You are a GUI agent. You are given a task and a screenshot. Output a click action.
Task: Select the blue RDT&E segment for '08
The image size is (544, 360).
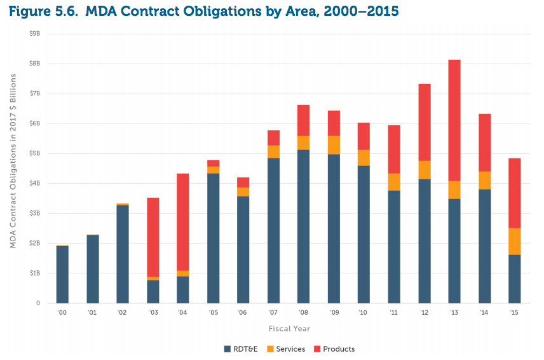tap(303, 226)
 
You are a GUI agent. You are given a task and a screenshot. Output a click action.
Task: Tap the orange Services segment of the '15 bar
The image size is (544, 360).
tap(514, 241)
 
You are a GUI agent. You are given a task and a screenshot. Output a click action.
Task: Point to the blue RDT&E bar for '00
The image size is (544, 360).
tap(62, 274)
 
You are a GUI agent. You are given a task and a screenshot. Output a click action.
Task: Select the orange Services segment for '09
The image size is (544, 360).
tap(334, 145)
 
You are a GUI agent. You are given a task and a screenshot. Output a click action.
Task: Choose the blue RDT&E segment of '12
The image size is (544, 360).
tap(424, 241)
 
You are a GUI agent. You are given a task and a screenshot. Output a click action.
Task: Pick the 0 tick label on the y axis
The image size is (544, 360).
tap(38, 303)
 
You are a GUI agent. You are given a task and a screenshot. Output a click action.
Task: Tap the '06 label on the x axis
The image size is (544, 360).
tap(243, 313)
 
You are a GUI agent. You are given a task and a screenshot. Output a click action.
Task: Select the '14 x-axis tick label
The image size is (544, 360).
tap(484, 313)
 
